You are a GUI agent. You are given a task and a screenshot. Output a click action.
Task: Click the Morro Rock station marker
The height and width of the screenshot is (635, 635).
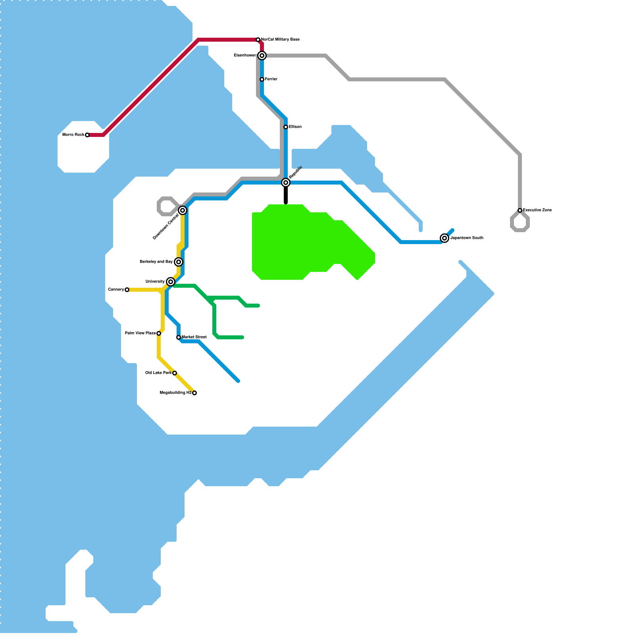[87, 135]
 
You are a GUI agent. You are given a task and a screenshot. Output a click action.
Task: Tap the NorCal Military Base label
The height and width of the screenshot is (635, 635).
[280, 40]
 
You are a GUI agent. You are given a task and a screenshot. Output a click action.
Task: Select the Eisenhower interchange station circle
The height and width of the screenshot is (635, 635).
[262, 56]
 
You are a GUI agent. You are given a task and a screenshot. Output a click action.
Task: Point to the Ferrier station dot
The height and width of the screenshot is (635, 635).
[262, 79]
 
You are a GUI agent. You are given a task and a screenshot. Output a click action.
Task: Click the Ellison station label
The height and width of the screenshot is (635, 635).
[295, 127]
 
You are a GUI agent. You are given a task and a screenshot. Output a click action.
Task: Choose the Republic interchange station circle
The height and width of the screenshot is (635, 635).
[286, 183]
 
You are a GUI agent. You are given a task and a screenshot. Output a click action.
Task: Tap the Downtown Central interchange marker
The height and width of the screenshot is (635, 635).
[183, 210]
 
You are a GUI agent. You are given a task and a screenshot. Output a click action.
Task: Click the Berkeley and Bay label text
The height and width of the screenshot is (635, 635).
[156, 262]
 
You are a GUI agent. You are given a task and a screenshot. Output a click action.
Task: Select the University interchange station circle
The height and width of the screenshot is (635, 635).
[171, 282]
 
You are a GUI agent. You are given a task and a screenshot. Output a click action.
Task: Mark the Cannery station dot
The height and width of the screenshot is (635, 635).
[127, 290]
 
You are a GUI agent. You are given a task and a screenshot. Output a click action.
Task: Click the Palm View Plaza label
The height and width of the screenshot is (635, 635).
[140, 333]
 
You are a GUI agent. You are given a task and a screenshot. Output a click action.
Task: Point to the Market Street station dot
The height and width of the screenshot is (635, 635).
[179, 337]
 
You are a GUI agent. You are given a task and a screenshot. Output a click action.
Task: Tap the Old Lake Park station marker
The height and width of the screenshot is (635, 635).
[175, 373]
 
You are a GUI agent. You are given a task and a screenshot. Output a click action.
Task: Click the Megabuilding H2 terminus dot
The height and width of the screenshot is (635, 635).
[194, 393]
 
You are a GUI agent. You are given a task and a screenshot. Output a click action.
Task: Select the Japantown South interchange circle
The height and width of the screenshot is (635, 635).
[444, 238]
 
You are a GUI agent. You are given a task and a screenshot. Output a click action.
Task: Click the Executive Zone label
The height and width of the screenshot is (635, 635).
[537, 210]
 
